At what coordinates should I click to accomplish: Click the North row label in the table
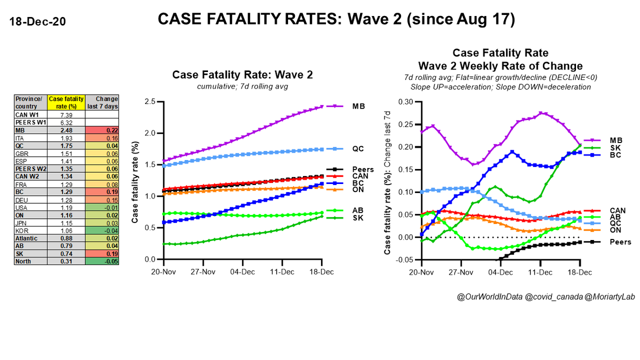point(23,261)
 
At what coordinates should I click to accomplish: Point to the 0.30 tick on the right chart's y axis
point(408,101)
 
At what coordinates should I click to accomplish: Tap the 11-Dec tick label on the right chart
point(540,270)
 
